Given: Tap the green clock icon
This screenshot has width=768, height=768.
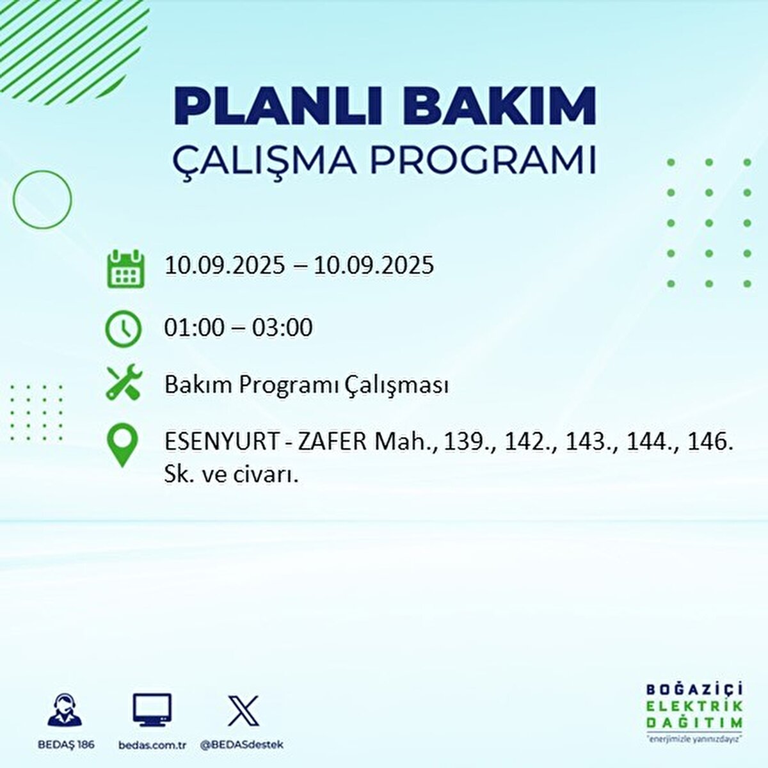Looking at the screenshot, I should point(124,329).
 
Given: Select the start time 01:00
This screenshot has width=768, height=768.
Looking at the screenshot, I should point(195,328).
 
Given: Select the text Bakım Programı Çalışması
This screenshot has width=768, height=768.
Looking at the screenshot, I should point(307,385).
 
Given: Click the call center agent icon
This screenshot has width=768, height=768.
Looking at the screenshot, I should point(65,711).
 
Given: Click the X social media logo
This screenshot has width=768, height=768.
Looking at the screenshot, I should point(244,710).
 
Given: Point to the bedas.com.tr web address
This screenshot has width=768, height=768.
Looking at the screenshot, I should point(152,745).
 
